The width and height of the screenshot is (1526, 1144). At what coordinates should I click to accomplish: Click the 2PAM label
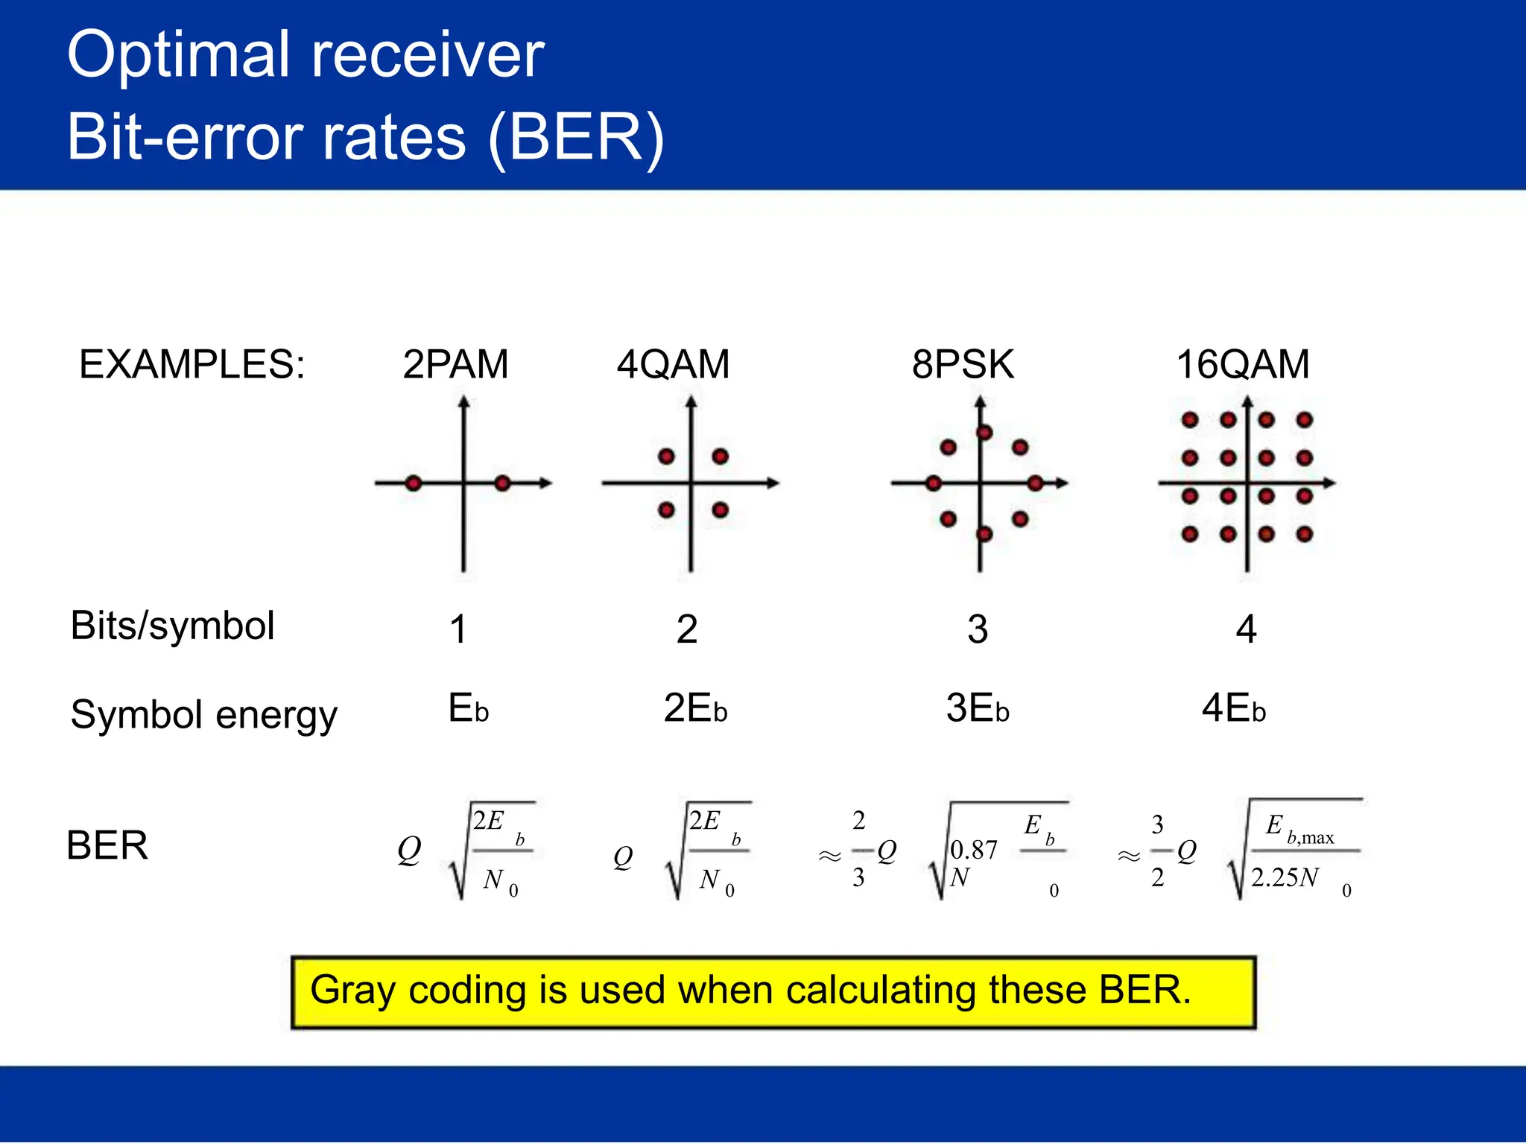(x=455, y=364)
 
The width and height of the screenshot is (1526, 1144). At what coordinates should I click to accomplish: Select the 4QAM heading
(x=673, y=364)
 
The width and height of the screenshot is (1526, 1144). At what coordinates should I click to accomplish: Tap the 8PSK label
(x=963, y=364)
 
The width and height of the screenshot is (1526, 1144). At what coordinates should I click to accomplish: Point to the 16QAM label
(x=1242, y=364)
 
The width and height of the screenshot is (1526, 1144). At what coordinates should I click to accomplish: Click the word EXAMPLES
(x=191, y=364)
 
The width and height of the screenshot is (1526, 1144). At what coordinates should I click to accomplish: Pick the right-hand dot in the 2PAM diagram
(x=503, y=483)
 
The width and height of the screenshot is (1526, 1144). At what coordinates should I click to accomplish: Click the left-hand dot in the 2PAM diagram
(x=414, y=483)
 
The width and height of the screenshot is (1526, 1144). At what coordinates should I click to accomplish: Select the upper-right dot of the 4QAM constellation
(x=720, y=457)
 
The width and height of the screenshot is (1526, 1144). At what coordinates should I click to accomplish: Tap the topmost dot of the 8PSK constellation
(x=984, y=433)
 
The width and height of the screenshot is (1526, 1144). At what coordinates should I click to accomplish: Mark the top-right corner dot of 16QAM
(x=1304, y=420)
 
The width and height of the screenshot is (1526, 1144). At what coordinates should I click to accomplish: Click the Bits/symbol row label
(x=172, y=626)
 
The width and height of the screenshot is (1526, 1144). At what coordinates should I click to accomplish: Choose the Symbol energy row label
(x=203, y=714)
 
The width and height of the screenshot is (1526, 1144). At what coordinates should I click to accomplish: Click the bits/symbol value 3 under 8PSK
(x=978, y=629)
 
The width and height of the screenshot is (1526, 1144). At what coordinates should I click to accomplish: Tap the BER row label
(x=107, y=845)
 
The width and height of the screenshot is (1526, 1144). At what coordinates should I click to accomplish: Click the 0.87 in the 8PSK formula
(x=974, y=850)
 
